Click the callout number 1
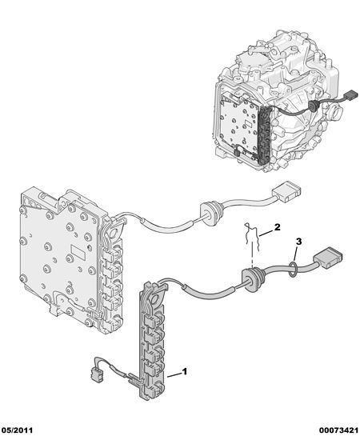coord(185,371)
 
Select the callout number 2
coord(277,227)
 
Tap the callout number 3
coord(298,242)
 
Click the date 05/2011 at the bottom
coord(17,430)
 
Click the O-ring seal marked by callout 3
coord(293,269)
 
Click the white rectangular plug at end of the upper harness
coord(286,191)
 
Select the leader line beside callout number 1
coord(174,375)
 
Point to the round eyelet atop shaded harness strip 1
coord(157,299)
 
